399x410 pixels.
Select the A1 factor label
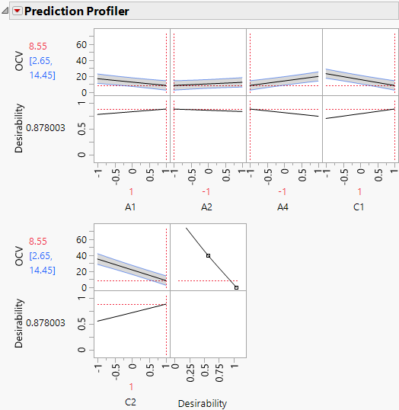click(131, 206)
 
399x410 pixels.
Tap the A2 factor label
click(207, 206)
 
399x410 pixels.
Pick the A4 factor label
click(283, 206)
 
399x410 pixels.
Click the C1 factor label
click(359, 206)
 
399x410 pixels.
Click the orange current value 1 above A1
click(131, 192)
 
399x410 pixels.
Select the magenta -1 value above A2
click(207, 192)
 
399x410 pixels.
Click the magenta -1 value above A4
click(283, 192)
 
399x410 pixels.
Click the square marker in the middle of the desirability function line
click(208, 255)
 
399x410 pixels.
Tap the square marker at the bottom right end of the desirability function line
click(236, 287)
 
